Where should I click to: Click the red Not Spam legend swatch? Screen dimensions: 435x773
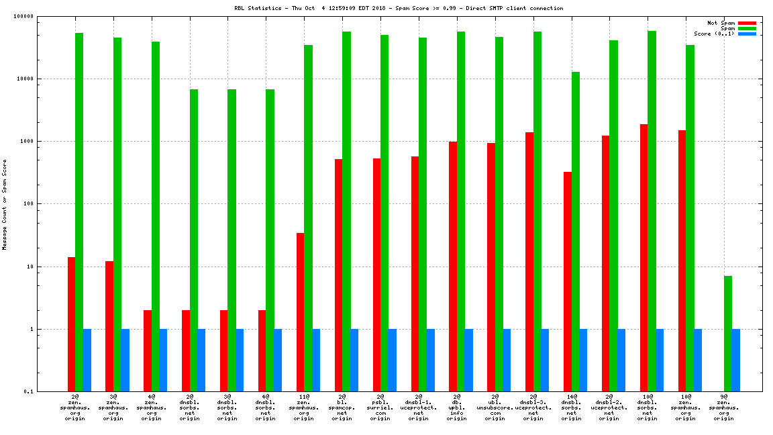(747, 23)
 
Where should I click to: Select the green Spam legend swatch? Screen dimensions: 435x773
(747, 28)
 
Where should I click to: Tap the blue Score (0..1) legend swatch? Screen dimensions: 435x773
(747, 34)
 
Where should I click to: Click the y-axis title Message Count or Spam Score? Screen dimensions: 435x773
(5, 205)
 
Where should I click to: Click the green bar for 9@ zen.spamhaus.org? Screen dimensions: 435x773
(728, 333)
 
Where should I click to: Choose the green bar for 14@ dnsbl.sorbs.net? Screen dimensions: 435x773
(576, 231)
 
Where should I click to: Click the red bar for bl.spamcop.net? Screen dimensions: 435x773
(339, 275)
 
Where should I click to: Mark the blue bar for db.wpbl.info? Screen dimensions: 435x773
(469, 360)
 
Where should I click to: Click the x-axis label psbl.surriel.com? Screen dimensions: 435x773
(380, 407)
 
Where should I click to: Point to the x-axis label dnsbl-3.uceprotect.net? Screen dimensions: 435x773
(533, 407)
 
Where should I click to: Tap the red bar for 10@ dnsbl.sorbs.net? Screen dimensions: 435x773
(644, 257)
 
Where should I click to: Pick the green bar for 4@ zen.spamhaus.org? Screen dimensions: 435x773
(155, 216)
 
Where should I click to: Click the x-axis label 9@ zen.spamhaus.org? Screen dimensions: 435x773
(724, 407)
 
